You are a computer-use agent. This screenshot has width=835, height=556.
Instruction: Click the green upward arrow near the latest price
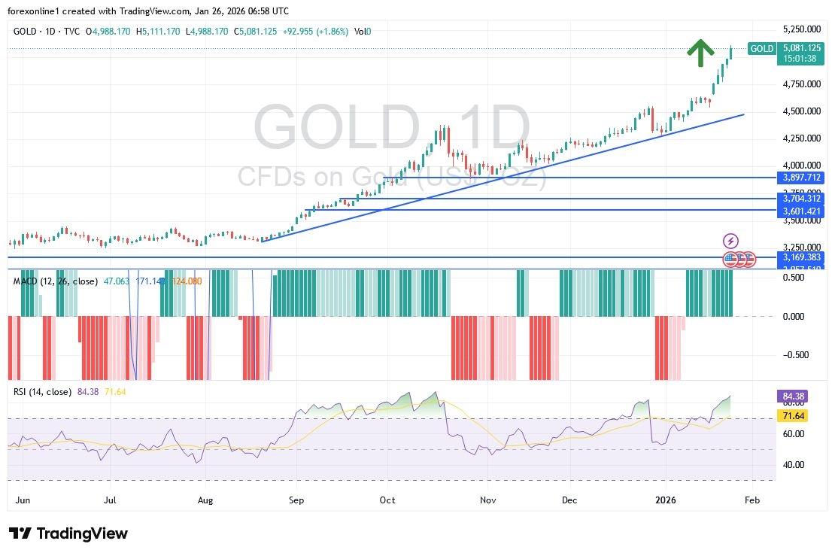point(700,53)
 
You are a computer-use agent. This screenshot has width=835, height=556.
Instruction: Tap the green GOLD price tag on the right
point(762,49)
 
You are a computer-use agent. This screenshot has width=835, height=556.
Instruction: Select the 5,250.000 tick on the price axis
point(800,29)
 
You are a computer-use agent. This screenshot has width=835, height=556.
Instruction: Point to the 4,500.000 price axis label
point(800,111)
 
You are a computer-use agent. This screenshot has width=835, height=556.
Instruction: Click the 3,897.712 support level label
point(800,178)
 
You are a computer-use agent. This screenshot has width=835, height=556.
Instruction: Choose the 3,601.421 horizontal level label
point(800,213)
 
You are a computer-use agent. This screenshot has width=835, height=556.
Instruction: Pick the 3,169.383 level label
point(800,257)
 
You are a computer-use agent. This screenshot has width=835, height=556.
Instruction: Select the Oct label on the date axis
point(387,500)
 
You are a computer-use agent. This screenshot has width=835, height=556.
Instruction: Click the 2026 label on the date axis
point(666,500)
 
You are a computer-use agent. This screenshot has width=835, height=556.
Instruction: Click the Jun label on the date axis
point(23,500)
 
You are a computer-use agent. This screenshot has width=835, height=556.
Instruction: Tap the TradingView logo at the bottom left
point(68,533)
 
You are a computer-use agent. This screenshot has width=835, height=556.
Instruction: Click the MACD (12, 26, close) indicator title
point(56,281)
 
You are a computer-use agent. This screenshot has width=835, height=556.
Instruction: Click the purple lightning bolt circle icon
point(730,241)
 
